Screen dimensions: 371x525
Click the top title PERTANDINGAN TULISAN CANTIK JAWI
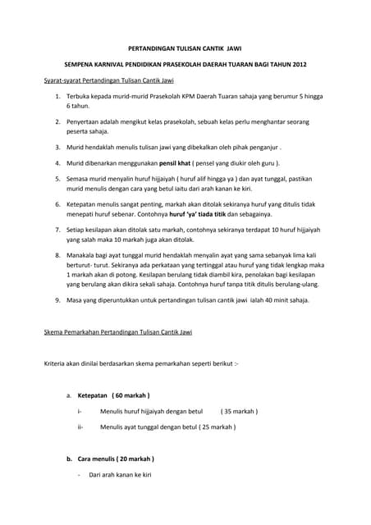click(x=185, y=49)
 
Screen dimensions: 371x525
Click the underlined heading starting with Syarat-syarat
click(x=108, y=81)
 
